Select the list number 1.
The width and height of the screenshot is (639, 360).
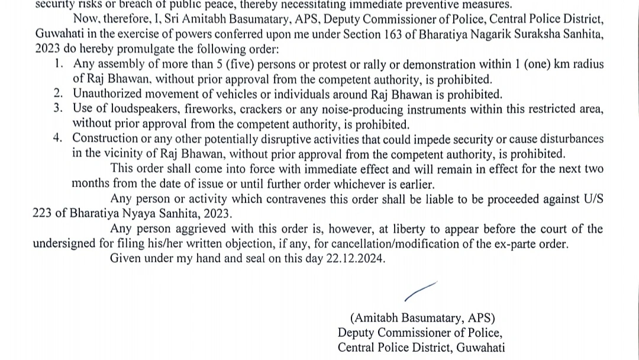[59, 64]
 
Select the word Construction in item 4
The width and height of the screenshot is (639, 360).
[105, 139]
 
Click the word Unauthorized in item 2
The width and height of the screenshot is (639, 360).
[108, 94]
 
